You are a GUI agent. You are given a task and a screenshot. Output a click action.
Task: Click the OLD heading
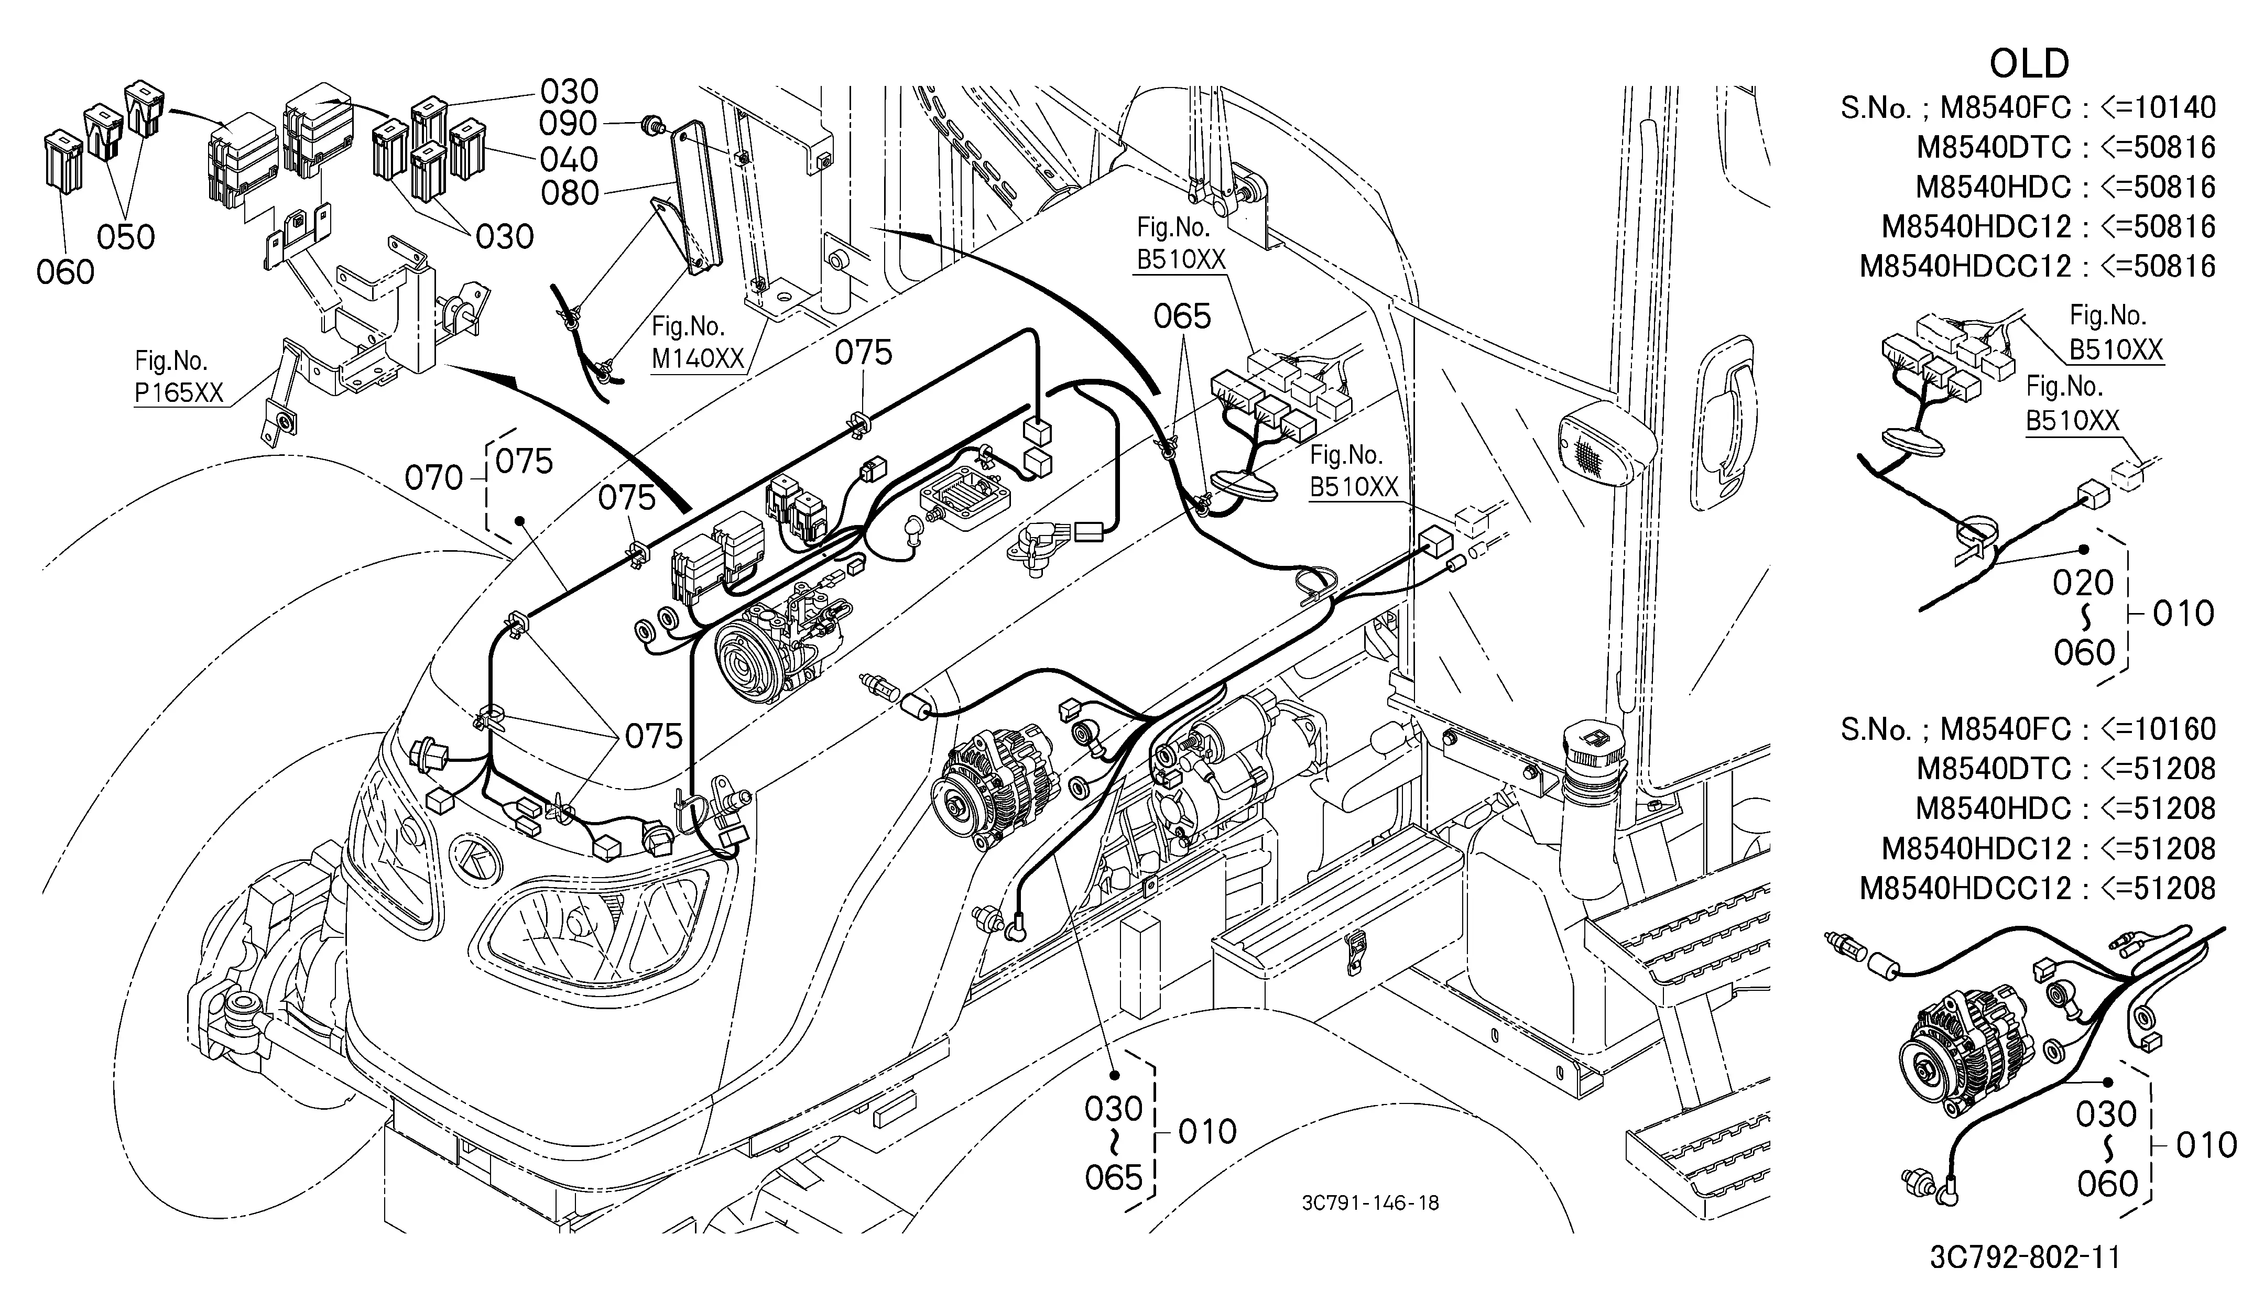[2030, 63]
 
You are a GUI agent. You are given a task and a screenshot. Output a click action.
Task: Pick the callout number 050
[126, 237]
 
